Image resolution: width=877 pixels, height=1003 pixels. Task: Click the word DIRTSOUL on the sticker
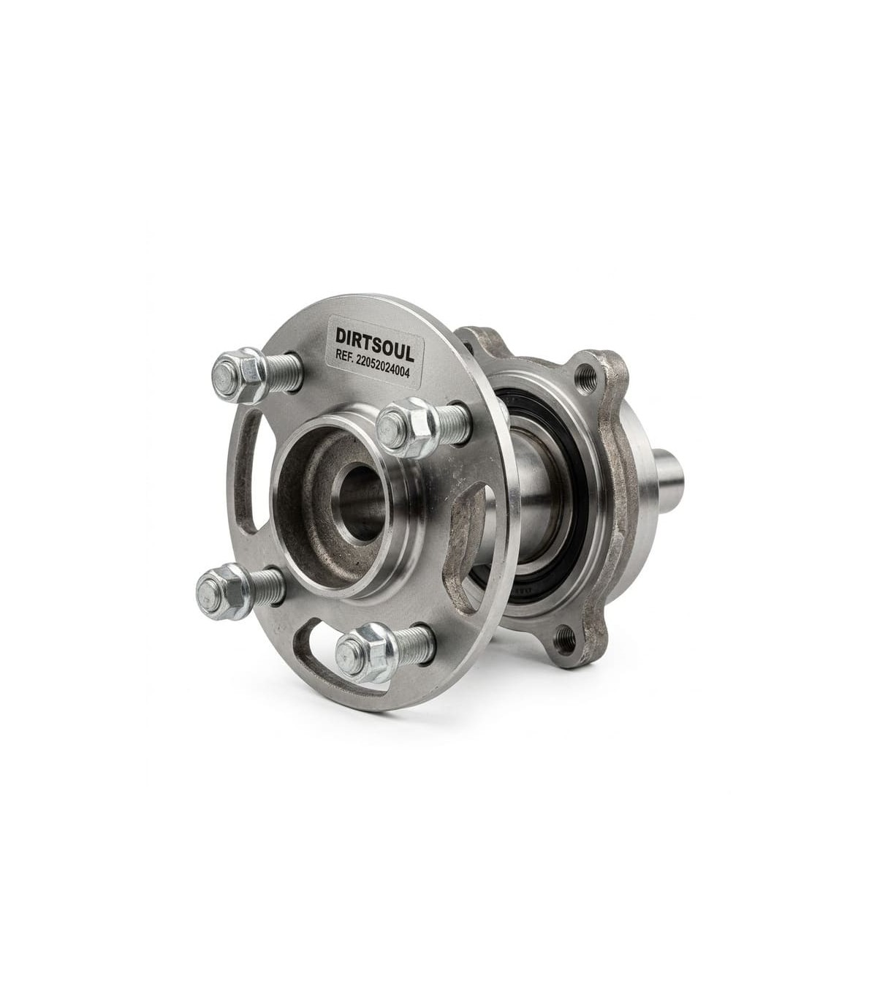click(375, 338)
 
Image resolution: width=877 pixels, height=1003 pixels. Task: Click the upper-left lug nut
click(240, 376)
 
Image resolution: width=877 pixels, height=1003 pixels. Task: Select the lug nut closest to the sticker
click(406, 428)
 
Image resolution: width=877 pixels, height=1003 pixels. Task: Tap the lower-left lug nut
click(224, 591)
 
